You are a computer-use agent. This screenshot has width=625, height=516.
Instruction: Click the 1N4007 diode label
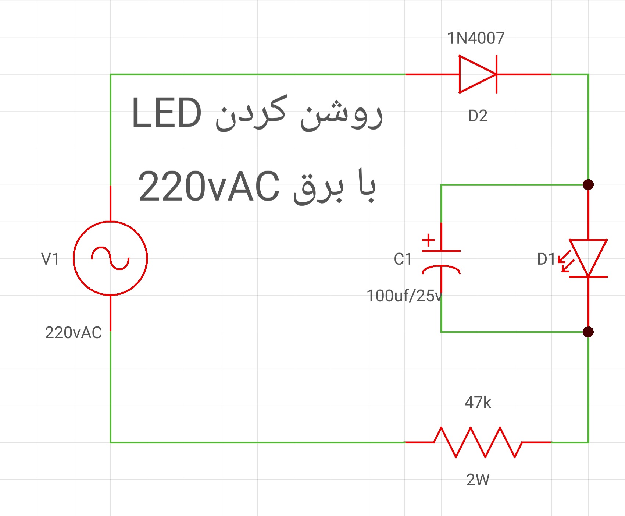coord(476,38)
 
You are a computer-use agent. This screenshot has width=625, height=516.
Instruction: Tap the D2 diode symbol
coord(478,74)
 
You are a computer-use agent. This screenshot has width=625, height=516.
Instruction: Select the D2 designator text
coord(478,116)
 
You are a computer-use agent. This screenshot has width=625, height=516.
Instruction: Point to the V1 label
coord(50,259)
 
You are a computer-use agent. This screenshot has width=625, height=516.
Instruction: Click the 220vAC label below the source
coord(74,333)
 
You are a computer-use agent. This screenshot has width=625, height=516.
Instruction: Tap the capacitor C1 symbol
coord(441,262)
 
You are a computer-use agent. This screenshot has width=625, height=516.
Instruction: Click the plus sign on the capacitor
coord(428,240)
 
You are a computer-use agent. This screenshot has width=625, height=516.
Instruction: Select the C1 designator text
coord(403,259)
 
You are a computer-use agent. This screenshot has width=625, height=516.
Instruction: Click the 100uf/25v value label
coord(404,296)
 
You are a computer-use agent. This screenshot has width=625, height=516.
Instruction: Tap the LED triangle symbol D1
coord(588,258)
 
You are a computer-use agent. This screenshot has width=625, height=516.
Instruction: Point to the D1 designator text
coord(546,259)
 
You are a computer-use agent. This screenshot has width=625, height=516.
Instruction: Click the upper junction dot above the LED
coord(588,184)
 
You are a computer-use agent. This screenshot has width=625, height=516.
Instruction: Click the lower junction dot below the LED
coord(588,332)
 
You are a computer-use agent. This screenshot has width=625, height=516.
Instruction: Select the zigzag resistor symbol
coord(478,442)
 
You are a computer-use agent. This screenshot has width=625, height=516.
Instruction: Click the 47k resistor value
coord(478,403)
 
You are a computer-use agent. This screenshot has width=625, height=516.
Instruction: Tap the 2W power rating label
coord(478,480)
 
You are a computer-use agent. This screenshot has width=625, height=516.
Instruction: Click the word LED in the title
coord(167,113)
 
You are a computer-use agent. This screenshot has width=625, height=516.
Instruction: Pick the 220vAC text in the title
coord(208,187)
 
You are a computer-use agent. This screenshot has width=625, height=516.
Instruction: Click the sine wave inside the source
coord(110,258)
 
